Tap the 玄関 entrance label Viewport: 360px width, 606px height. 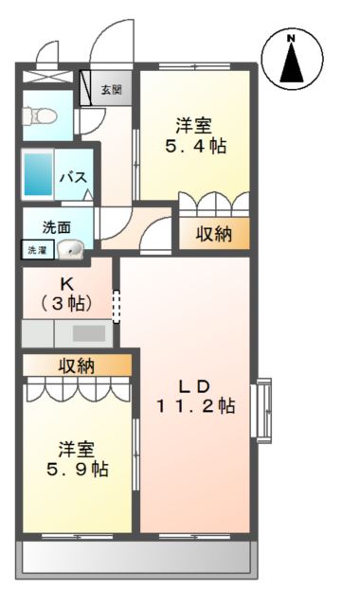(x=111, y=90)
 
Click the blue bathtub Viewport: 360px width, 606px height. (x=38, y=174)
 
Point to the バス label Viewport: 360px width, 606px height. (x=74, y=177)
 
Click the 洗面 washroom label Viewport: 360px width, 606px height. (x=55, y=227)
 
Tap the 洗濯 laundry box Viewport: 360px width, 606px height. (x=35, y=251)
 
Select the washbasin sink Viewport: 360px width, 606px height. (x=71, y=250)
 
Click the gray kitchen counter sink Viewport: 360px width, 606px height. (x=88, y=332)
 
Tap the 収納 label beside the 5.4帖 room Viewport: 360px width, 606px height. (x=214, y=235)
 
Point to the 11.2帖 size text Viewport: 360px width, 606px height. (x=196, y=406)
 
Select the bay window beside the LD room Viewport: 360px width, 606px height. (x=261, y=409)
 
